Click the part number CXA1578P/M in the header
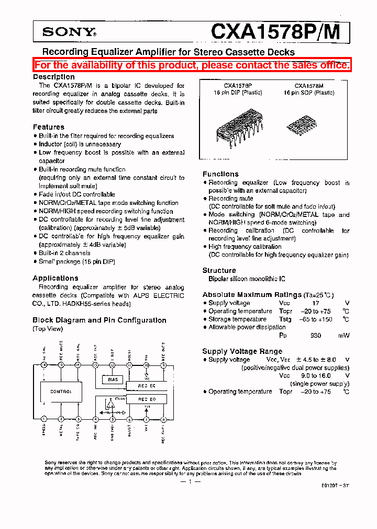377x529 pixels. coord(275,31)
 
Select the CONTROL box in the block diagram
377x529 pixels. coord(61,391)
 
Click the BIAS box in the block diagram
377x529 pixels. coord(113,379)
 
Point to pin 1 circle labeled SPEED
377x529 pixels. coord(44,419)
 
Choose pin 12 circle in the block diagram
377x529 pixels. coord(112,365)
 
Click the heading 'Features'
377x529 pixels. coord(49,127)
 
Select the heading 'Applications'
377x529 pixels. coord(56,278)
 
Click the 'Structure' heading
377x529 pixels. coord(219,270)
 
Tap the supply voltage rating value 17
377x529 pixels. coord(315,303)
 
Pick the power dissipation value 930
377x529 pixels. coord(315,336)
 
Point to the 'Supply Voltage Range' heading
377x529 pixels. coord(242,351)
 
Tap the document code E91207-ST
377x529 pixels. coord(336,486)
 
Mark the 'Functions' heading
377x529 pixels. coord(220,174)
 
